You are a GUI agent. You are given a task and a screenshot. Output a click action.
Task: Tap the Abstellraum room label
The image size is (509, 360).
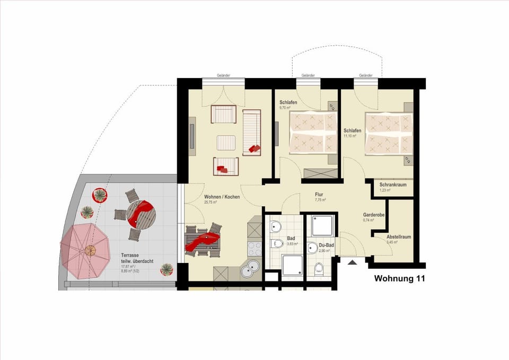click(399, 237)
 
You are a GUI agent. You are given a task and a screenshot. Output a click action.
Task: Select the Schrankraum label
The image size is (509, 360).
click(393, 185)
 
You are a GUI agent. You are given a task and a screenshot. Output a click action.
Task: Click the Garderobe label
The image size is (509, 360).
click(374, 215)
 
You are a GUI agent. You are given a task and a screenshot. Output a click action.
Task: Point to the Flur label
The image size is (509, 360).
click(319, 195)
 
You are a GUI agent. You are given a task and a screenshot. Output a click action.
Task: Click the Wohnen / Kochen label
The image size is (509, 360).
click(222, 197)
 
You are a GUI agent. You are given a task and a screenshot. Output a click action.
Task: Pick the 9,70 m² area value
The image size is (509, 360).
click(285, 108)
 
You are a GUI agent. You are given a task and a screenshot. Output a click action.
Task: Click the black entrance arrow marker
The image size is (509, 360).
click(352, 261)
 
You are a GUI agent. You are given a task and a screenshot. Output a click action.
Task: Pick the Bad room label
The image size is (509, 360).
click(291, 239)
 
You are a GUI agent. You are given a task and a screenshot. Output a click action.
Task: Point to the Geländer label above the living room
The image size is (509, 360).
click(224, 76)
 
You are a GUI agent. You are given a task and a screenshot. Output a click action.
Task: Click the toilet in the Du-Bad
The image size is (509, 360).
click(319, 268)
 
